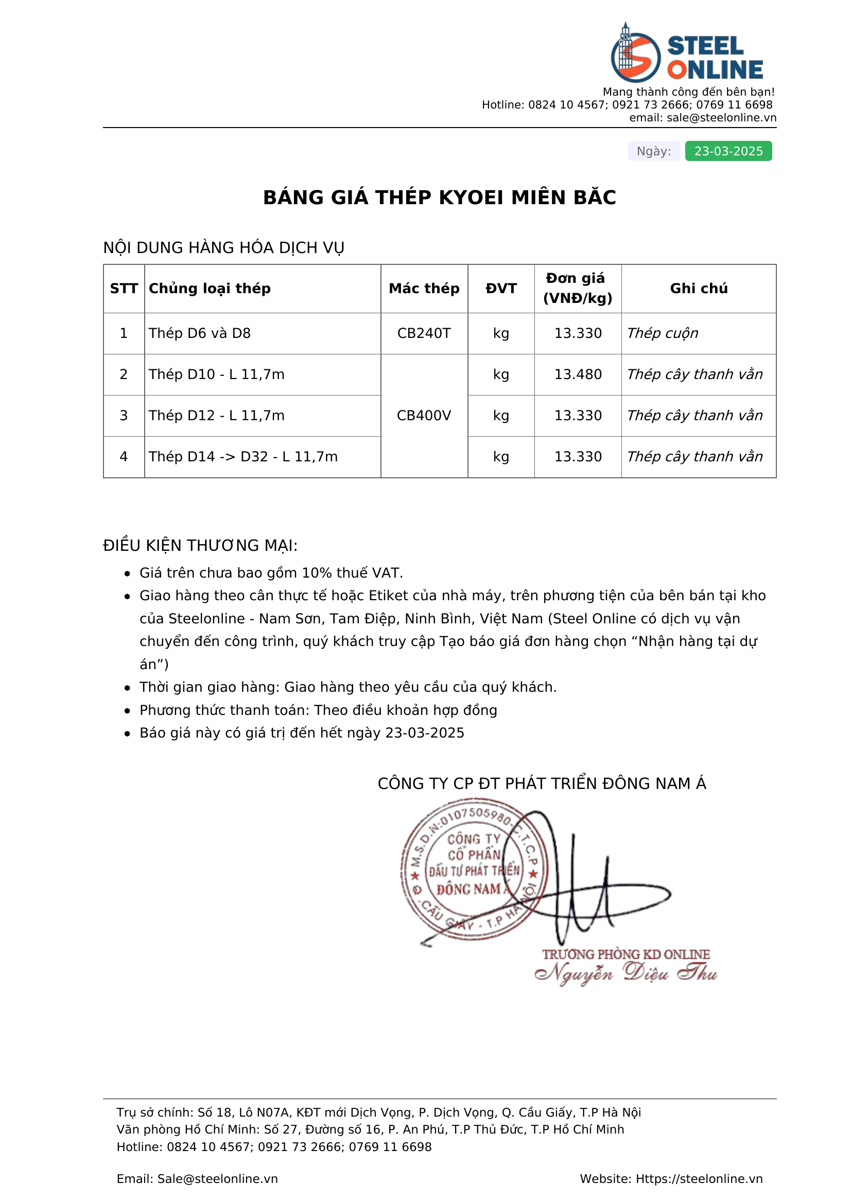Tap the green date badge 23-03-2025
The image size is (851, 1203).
click(x=728, y=151)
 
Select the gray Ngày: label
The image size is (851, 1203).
click(x=653, y=151)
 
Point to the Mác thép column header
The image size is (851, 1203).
click(x=424, y=288)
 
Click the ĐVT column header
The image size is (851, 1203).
click(x=501, y=288)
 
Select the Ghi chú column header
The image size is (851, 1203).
click(x=699, y=288)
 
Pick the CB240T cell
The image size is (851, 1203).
click(x=424, y=333)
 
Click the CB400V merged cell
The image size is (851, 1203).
click(x=424, y=416)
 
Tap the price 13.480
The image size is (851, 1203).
click(x=578, y=374)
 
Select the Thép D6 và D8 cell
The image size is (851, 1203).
click(x=200, y=333)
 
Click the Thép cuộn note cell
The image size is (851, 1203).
click(x=662, y=333)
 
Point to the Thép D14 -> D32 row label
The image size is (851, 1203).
click(x=243, y=456)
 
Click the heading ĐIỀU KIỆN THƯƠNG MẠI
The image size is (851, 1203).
click(x=200, y=545)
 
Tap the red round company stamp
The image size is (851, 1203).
click(x=474, y=869)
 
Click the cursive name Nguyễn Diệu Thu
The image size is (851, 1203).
click(x=626, y=974)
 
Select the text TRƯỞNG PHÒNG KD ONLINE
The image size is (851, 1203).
click(x=626, y=954)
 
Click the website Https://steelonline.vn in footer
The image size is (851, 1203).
click(x=699, y=1178)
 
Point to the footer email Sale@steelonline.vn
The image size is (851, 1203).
click(x=217, y=1178)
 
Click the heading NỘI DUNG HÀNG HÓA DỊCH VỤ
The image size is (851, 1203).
click(x=223, y=247)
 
